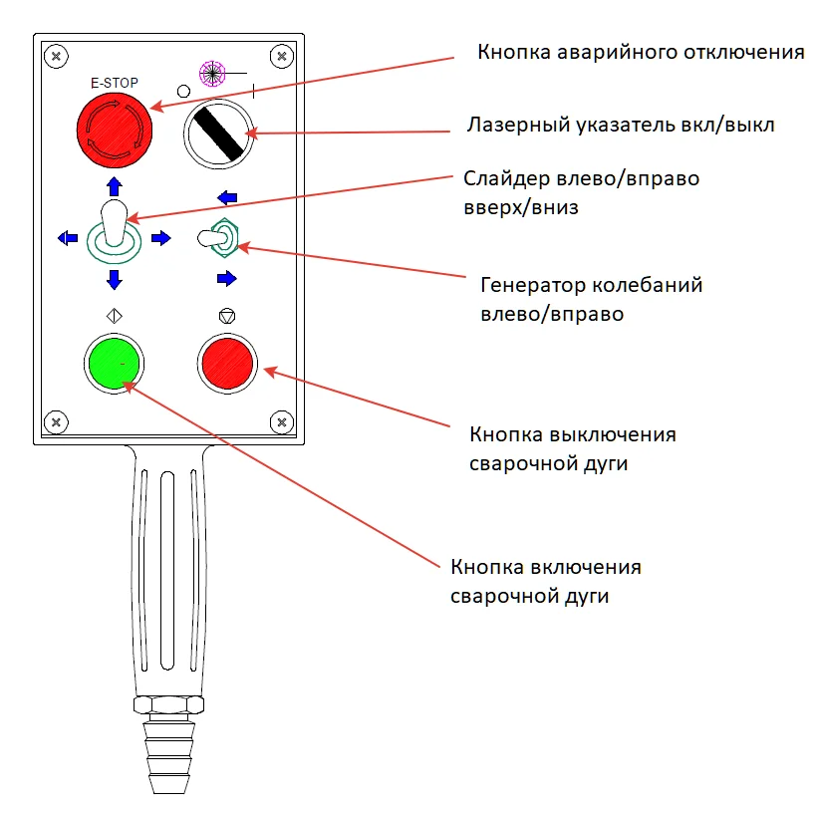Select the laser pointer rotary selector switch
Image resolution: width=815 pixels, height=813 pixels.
[x=218, y=134]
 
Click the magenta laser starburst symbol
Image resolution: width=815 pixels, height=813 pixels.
[x=211, y=72]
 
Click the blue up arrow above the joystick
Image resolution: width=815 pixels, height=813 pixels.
[x=114, y=186]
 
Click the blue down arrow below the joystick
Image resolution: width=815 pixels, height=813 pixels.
[x=114, y=278]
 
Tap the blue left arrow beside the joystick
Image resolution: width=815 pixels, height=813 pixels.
[x=67, y=237]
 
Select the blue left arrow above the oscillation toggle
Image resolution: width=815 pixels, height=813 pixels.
[x=227, y=197]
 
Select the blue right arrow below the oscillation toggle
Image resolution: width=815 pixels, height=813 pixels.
[x=227, y=277]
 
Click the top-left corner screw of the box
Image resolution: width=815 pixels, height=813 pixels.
[x=58, y=56]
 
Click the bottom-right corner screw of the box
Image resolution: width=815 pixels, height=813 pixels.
[x=282, y=422]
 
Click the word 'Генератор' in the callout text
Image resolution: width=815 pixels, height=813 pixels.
[x=526, y=286]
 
